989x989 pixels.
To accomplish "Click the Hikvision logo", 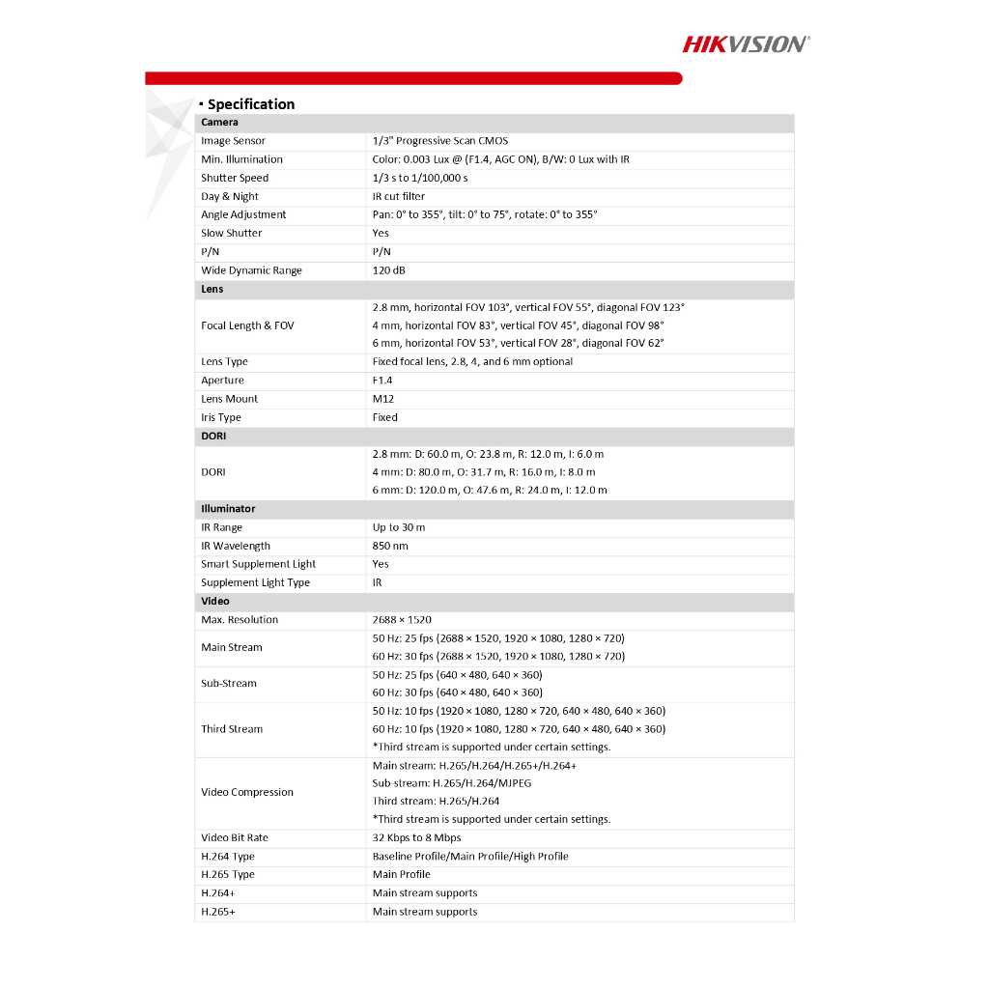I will (x=746, y=43).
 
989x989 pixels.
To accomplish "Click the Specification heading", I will (x=250, y=104).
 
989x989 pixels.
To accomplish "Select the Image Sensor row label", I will (x=233, y=141).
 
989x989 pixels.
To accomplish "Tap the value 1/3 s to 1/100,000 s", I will (x=419, y=178).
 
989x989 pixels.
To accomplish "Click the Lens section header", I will (x=212, y=289).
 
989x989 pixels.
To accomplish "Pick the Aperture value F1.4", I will (x=382, y=381).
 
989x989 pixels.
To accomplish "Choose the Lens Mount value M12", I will (x=383, y=399).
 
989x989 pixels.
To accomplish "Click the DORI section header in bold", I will (x=213, y=436).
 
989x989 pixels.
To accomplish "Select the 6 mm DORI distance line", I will (x=490, y=490).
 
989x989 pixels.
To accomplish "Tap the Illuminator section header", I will (x=228, y=508).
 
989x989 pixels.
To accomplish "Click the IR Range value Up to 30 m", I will (x=399, y=527).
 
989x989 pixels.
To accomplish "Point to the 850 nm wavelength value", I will (x=390, y=546).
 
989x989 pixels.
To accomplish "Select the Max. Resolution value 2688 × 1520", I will (x=402, y=620).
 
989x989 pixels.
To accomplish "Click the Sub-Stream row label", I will (x=229, y=684).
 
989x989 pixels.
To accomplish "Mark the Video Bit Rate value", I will (x=416, y=837).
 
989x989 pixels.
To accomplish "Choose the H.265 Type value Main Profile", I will (x=402, y=874).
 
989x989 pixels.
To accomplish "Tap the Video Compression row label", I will (x=247, y=792).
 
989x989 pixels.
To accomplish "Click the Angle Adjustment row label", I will (x=243, y=214).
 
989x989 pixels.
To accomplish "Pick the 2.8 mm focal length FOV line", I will (x=528, y=307).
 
